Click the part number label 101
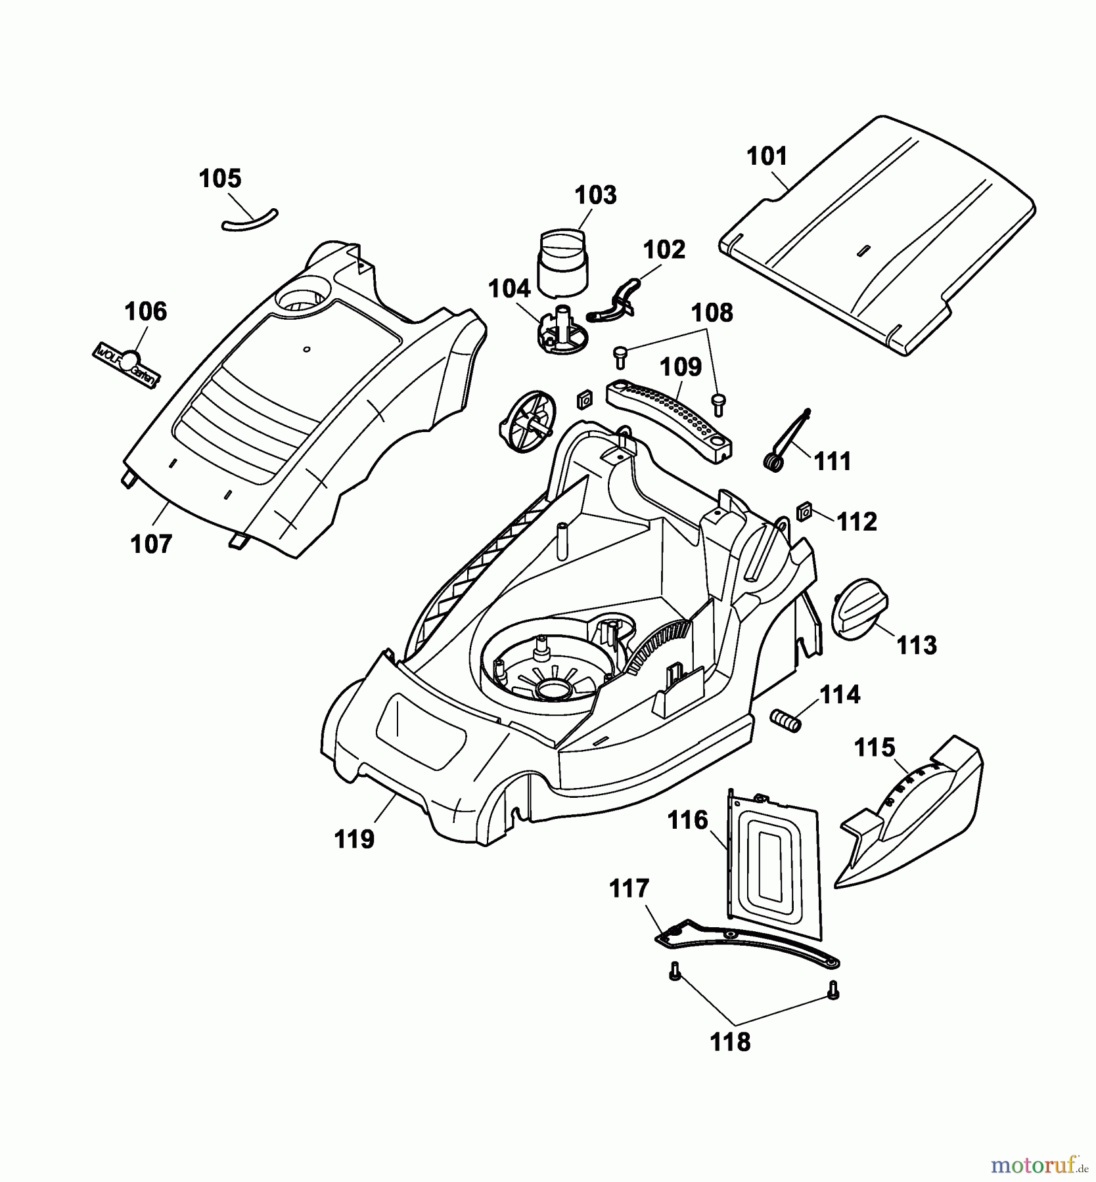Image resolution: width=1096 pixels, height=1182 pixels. pyautogui.click(x=767, y=157)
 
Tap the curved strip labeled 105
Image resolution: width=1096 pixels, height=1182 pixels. pyautogui.click(x=250, y=221)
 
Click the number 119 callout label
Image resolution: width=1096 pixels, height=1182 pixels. pyautogui.click(x=355, y=839)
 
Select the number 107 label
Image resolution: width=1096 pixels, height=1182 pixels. pyautogui.click(x=152, y=544)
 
